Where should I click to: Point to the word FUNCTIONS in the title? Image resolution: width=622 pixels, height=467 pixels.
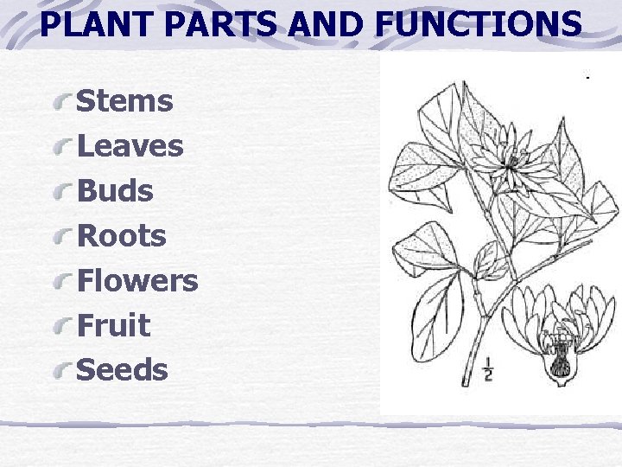480,25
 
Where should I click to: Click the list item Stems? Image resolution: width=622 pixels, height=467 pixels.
124,101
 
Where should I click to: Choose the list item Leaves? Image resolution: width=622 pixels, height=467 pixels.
130,146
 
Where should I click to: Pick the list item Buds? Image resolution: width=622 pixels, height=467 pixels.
115,191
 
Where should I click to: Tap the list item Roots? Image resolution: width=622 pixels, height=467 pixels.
121,235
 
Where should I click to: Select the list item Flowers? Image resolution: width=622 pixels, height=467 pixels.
137,280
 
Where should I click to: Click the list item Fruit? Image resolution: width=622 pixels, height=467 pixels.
113,325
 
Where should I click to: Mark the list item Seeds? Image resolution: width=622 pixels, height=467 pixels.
122,370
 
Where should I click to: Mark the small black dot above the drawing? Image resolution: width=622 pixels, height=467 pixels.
587,79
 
